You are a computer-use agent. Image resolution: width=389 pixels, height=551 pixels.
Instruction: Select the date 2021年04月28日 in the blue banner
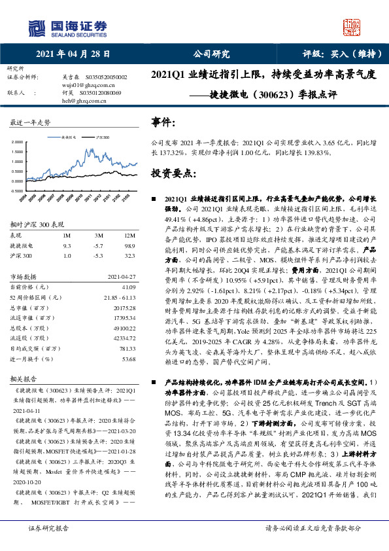(x=72, y=54)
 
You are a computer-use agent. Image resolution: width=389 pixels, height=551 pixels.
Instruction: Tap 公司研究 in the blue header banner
(x=212, y=54)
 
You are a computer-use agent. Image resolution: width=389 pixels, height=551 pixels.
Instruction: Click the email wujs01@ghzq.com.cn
(x=86, y=85)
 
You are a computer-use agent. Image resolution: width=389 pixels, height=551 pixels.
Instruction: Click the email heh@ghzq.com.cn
(x=83, y=101)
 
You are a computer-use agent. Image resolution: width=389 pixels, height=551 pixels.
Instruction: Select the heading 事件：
(x=163, y=122)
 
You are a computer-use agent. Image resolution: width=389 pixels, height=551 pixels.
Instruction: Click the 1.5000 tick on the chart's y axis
(x=14, y=151)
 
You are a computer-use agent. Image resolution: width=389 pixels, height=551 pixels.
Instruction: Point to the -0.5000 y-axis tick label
(x=13, y=190)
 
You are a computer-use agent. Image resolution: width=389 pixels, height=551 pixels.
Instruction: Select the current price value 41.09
(x=127, y=287)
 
